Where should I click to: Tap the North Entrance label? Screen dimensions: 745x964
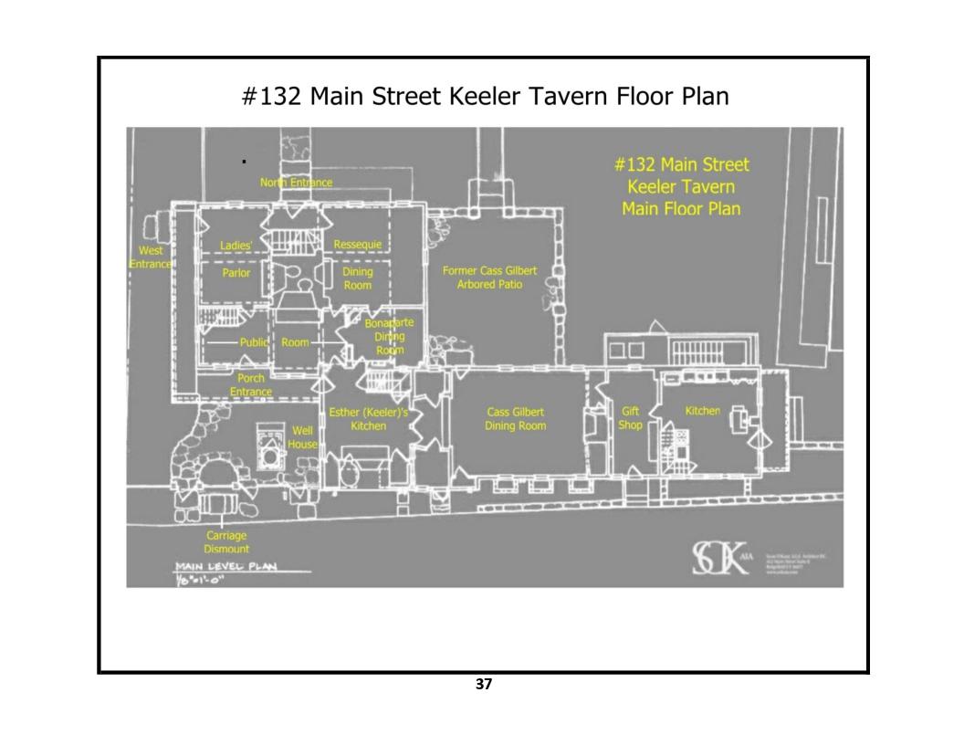click(x=296, y=184)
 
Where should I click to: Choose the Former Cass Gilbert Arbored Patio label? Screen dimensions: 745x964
click(x=489, y=278)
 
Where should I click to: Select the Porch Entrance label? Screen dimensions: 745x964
click(x=250, y=384)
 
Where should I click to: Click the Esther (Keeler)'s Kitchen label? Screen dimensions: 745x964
click(x=368, y=419)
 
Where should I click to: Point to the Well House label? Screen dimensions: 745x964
click(x=302, y=436)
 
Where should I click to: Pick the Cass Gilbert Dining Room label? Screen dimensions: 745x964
click(x=516, y=418)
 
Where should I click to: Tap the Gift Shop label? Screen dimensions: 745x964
click(x=630, y=418)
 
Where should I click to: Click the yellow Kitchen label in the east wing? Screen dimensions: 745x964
click(x=703, y=412)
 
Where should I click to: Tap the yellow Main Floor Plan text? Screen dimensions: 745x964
click(x=681, y=208)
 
